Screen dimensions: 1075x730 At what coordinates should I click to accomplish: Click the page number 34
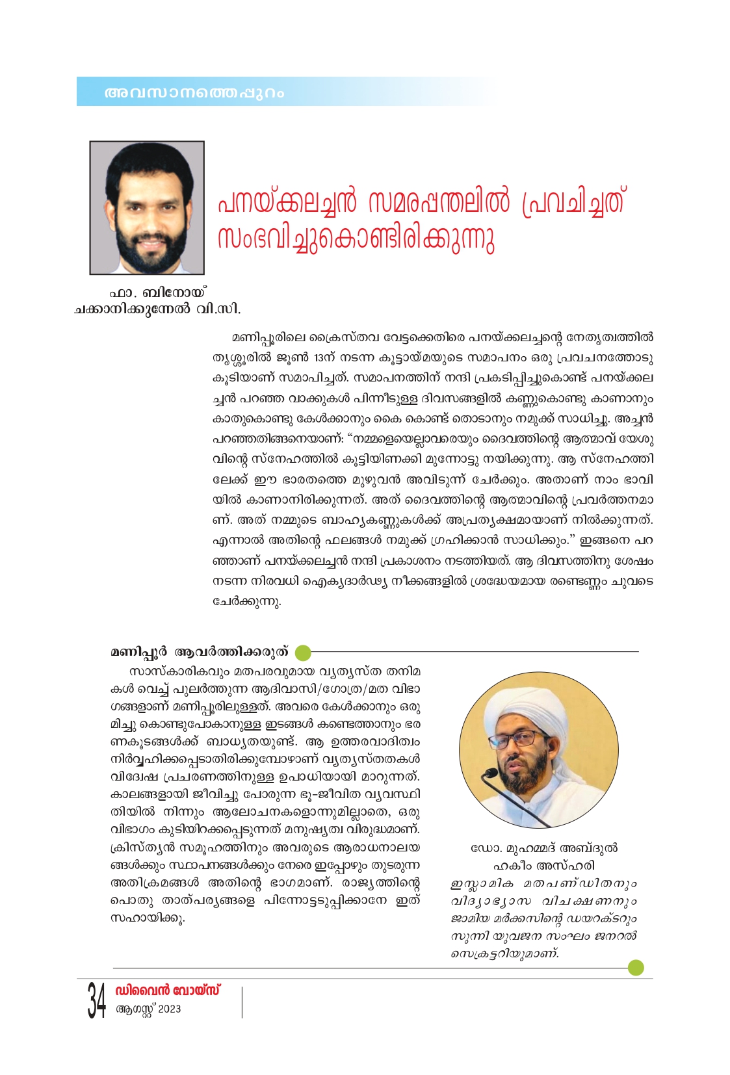(96, 1000)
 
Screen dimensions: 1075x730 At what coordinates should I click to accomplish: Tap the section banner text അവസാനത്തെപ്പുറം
(194, 93)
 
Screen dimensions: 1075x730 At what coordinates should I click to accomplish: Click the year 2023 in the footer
(169, 1009)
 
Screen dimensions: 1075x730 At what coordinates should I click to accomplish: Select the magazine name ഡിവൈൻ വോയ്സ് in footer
(168, 990)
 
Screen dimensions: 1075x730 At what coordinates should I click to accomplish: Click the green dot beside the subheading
(302, 652)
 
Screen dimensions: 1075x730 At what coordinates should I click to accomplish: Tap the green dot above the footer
(636, 967)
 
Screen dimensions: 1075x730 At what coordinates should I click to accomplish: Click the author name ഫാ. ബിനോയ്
(157, 293)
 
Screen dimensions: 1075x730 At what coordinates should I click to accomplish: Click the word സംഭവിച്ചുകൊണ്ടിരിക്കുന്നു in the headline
(356, 239)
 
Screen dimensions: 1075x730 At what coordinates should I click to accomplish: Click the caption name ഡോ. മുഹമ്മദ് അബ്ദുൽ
(543, 848)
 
